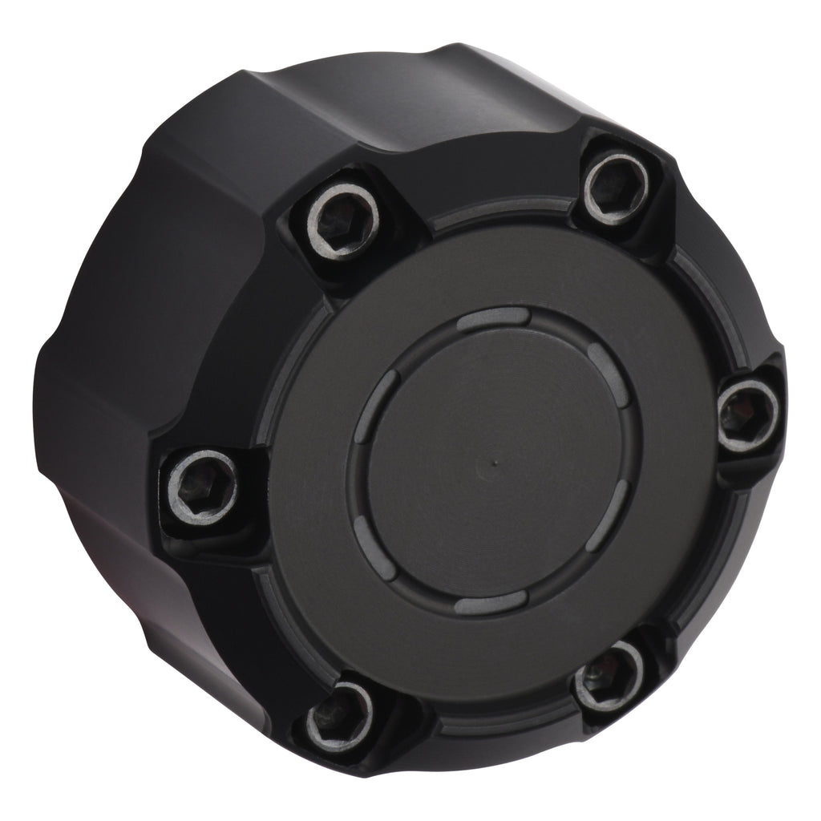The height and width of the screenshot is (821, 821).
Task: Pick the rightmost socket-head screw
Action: coord(745,413)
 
